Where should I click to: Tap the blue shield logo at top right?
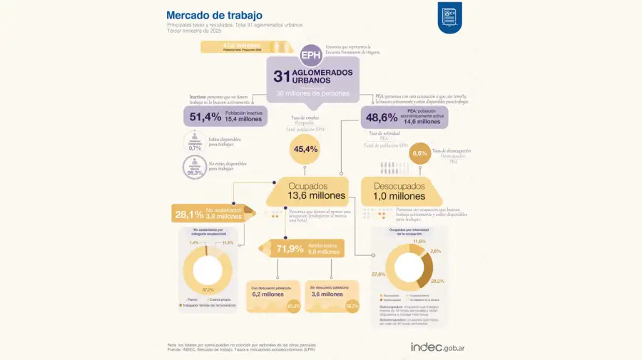coord(449,16)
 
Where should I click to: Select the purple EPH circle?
coord(310,54)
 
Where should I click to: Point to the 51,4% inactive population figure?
coord(205,118)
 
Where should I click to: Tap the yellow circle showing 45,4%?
coord(305,149)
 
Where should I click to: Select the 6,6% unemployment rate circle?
coord(420,153)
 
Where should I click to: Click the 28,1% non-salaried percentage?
coord(190,214)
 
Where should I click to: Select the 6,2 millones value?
coord(268,294)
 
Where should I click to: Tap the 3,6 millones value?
coord(325,294)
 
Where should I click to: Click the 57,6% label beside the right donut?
coord(379,274)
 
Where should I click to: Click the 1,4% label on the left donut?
coord(193,243)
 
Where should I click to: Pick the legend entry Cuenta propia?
coord(220,299)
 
